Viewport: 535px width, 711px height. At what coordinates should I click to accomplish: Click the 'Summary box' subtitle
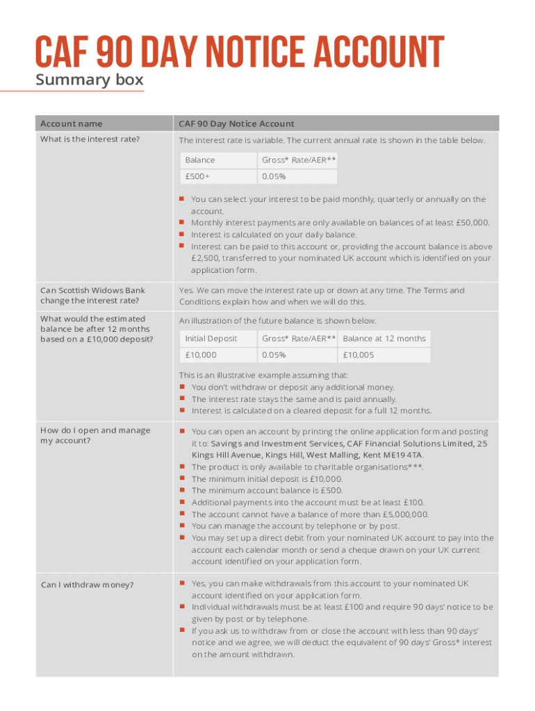[x=90, y=80]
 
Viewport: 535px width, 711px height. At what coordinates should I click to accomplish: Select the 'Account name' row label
[x=71, y=124]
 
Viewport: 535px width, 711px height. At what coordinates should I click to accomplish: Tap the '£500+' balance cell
[x=197, y=177]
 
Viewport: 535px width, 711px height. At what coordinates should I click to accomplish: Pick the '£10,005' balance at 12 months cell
[x=359, y=355]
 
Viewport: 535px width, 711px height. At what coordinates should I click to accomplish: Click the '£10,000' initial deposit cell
[x=201, y=355]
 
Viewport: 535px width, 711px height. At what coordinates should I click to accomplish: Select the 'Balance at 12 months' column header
[x=384, y=338]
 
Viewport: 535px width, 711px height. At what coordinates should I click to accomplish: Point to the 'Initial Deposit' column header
[x=211, y=338]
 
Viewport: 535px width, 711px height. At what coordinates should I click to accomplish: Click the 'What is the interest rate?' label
[x=90, y=140]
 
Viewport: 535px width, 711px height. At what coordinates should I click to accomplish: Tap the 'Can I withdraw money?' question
[x=87, y=585]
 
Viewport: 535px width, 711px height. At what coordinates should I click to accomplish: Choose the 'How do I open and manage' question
[x=95, y=430]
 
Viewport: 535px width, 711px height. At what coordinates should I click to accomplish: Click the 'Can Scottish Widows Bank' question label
[x=92, y=290]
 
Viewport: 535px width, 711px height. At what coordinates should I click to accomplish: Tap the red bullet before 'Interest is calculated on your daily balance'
[x=181, y=235]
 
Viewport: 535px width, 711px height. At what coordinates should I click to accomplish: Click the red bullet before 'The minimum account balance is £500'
[x=181, y=491]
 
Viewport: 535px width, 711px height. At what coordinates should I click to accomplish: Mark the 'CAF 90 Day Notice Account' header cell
[x=236, y=124]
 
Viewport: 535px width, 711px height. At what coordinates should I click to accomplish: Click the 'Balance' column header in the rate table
[x=200, y=160]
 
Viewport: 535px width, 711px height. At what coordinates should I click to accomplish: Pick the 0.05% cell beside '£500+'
[x=274, y=177]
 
